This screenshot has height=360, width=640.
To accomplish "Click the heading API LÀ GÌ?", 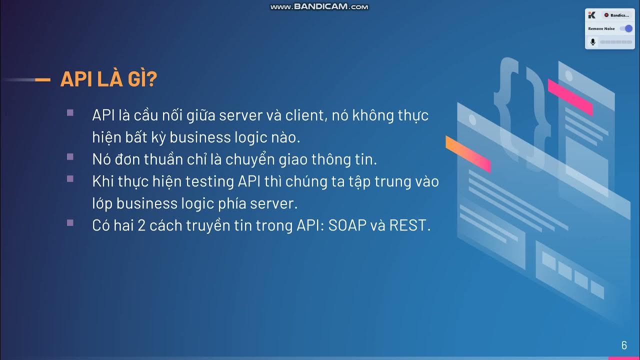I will point(109,79).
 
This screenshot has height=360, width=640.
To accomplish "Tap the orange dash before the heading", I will point(43,79).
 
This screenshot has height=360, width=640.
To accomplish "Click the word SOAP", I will point(346,225).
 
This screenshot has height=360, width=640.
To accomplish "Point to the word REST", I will point(409,225).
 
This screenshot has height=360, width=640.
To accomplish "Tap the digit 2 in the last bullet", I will point(141,225).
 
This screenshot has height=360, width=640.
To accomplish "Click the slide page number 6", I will point(624,345).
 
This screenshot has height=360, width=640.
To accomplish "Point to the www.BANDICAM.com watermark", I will point(319,6).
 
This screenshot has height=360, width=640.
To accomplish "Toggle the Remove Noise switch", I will point(626,28).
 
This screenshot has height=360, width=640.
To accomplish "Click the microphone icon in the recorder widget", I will point(593,42).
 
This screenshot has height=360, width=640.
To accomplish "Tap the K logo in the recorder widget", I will point(592,15).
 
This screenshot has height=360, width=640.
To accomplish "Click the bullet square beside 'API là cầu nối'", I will point(70,112).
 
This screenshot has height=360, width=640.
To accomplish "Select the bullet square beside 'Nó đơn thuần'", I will point(70,156).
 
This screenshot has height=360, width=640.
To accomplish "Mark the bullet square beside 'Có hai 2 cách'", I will point(70,222).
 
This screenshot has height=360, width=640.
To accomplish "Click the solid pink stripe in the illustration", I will point(570,97).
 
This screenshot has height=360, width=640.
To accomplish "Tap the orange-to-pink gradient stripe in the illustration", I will point(468,153).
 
